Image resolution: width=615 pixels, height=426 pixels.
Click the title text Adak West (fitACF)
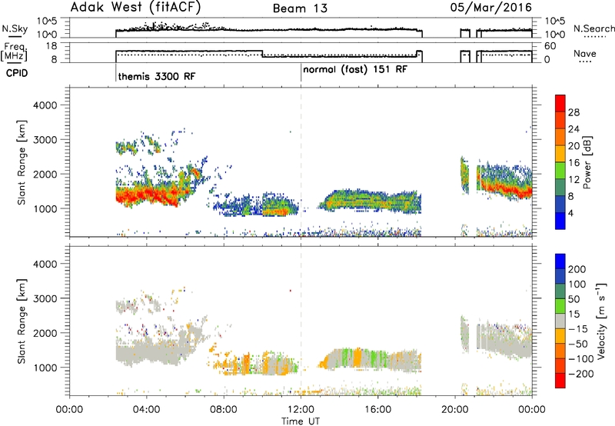point(135,7)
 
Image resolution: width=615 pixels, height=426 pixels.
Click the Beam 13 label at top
point(300,8)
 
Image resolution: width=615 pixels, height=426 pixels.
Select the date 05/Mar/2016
point(491,7)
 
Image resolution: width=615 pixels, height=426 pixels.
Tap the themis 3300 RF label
point(157,76)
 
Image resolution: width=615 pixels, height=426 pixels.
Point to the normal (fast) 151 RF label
point(355,70)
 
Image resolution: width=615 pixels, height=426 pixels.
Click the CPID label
point(17,73)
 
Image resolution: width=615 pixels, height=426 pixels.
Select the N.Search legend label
point(594,28)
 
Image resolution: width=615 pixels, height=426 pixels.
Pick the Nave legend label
point(585,53)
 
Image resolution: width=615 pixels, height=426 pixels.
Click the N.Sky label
point(15,28)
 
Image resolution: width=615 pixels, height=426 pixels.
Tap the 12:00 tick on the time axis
point(301,410)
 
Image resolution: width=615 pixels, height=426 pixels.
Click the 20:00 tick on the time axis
point(455,410)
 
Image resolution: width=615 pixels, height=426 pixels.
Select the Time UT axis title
point(301,421)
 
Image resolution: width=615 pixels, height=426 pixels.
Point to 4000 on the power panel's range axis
point(45,105)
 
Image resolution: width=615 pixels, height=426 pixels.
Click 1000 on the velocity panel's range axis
point(45,368)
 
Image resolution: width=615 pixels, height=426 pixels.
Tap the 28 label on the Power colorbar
point(573,112)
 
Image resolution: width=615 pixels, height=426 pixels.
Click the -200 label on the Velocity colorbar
point(581,374)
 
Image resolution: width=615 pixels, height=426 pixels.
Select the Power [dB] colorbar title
point(587,162)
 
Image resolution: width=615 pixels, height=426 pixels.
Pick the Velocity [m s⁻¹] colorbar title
point(601,321)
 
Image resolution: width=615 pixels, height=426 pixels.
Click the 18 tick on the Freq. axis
point(52,46)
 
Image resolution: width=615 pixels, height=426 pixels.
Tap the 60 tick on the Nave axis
point(550,46)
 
